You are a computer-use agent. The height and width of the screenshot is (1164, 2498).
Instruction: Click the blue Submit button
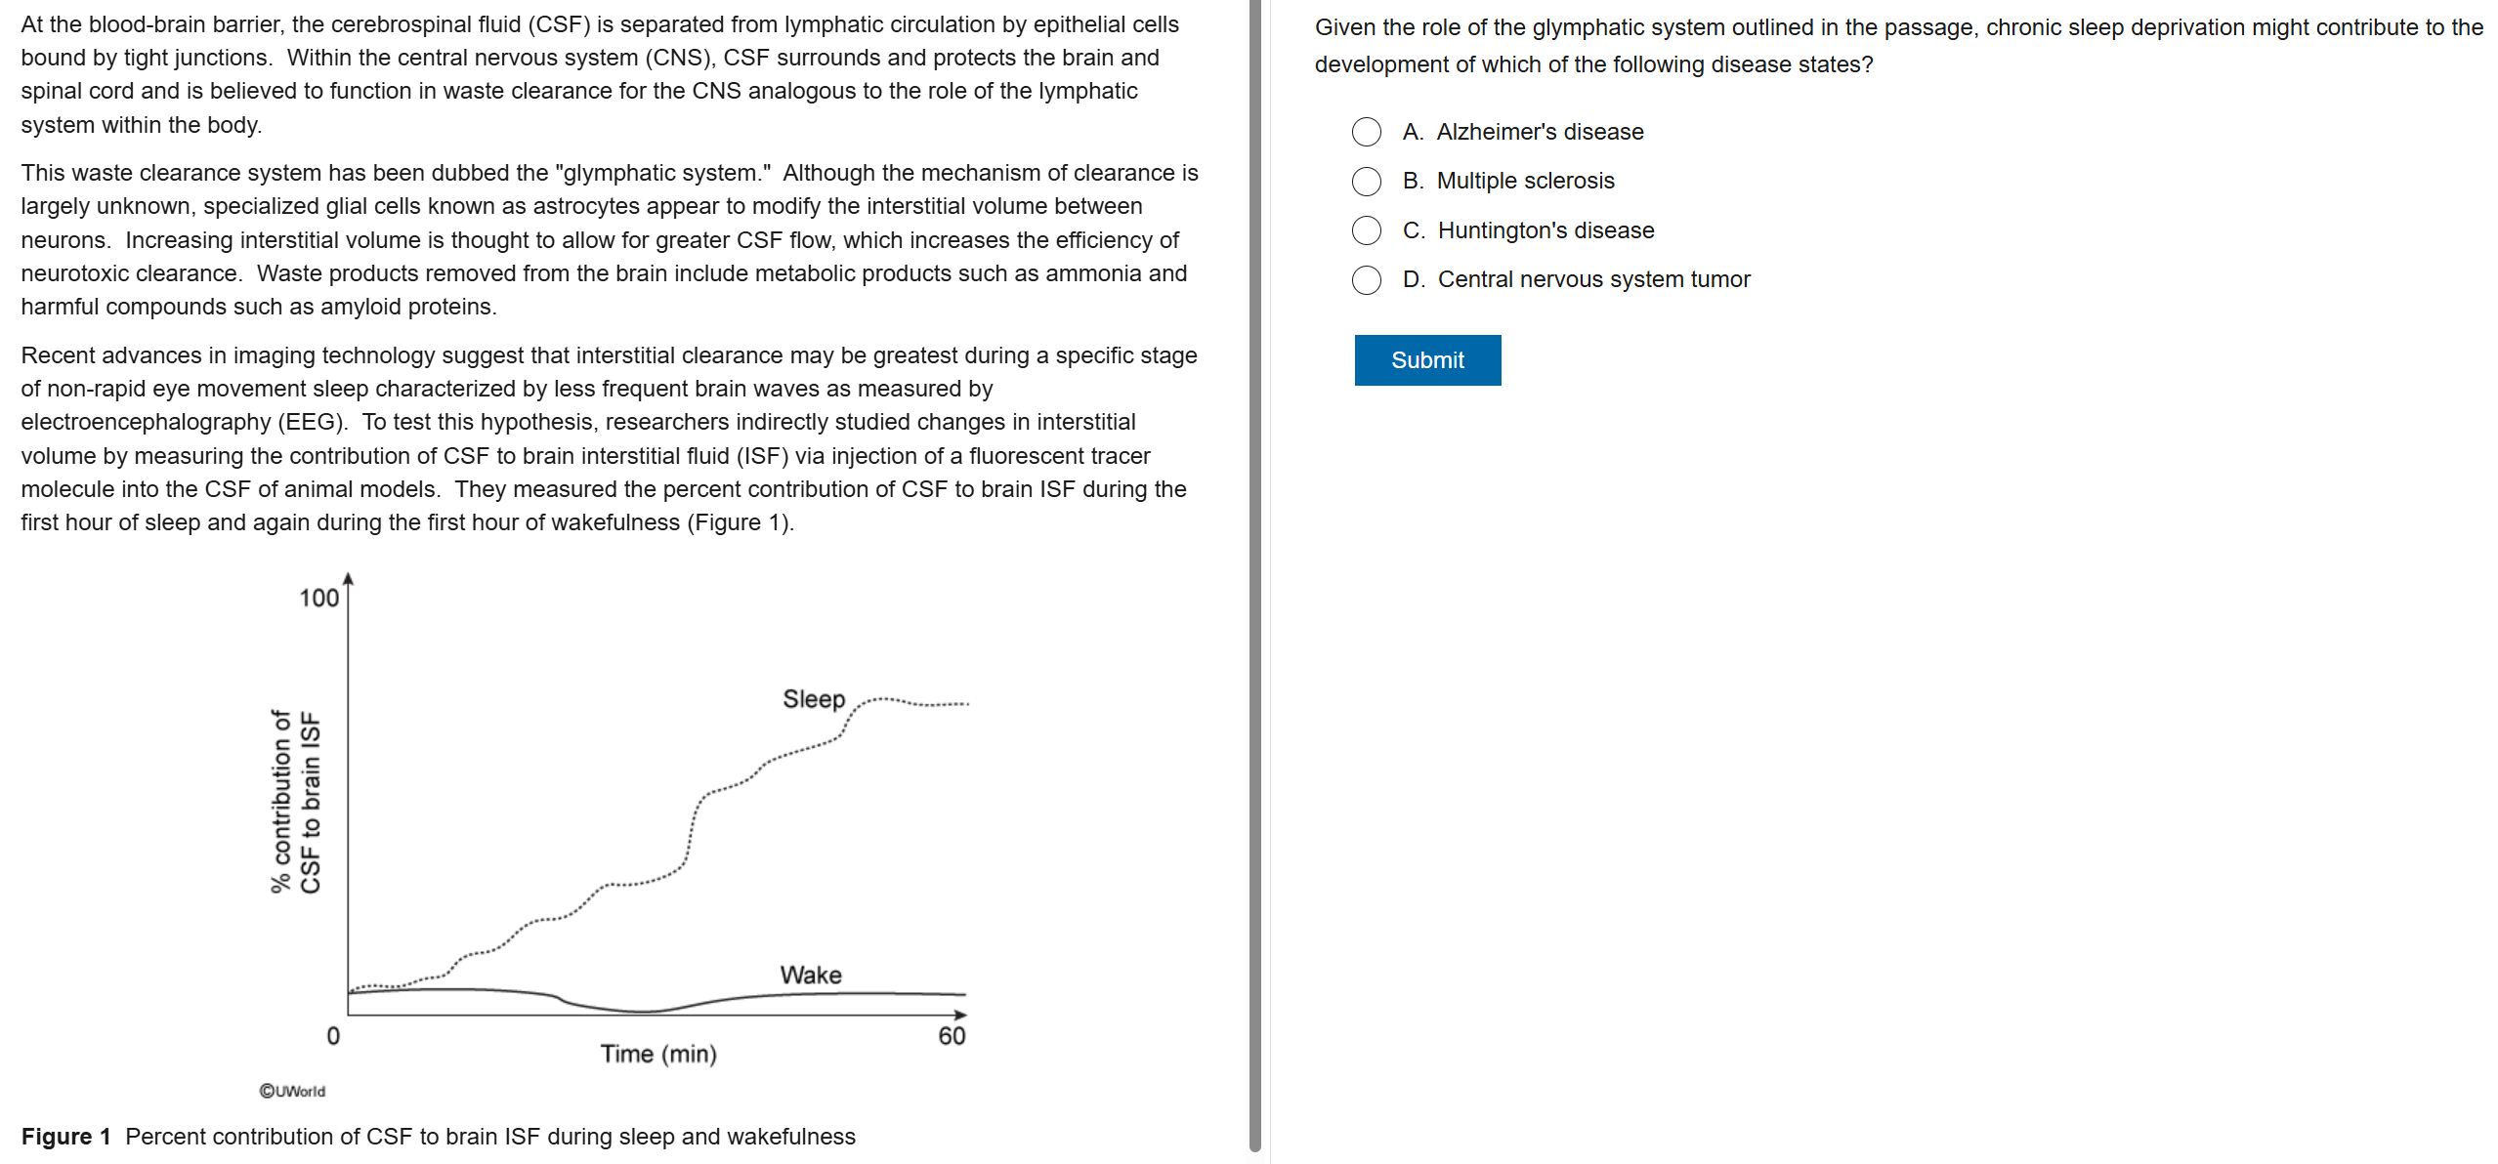pyautogui.click(x=1426, y=360)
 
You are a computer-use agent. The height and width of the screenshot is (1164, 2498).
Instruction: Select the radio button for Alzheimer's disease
pyautogui.click(x=1366, y=132)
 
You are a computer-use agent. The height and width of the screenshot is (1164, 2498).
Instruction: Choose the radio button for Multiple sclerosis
pyautogui.click(x=1366, y=181)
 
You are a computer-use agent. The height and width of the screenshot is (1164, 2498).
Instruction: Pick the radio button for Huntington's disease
pyautogui.click(x=1366, y=230)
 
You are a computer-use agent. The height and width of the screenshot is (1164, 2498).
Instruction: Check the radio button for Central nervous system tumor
pyautogui.click(x=1366, y=280)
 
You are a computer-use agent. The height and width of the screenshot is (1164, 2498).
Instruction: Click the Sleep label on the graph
pyautogui.click(x=813, y=699)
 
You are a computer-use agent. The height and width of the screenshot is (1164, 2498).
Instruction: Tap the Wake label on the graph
pyautogui.click(x=810, y=975)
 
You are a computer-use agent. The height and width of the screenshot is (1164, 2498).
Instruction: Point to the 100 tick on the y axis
pyautogui.click(x=318, y=598)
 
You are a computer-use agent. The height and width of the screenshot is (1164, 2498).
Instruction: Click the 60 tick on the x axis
pyautogui.click(x=951, y=1036)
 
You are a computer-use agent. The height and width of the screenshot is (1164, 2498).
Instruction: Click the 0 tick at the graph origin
pyautogui.click(x=333, y=1036)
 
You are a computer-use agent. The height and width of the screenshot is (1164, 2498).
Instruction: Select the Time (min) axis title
pyautogui.click(x=658, y=1054)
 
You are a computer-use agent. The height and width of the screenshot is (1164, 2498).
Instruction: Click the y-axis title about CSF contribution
pyautogui.click(x=295, y=801)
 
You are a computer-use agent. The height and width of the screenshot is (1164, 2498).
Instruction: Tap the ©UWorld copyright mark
pyautogui.click(x=292, y=1091)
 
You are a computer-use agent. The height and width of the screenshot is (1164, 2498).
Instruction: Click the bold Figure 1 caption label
pyautogui.click(x=65, y=1137)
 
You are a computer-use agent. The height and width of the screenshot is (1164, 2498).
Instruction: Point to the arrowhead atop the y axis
pyautogui.click(x=348, y=579)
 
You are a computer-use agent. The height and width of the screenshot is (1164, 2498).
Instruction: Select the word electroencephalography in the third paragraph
pyautogui.click(x=146, y=422)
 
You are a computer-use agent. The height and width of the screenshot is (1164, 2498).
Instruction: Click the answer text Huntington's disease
pyautogui.click(x=1545, y=230)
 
